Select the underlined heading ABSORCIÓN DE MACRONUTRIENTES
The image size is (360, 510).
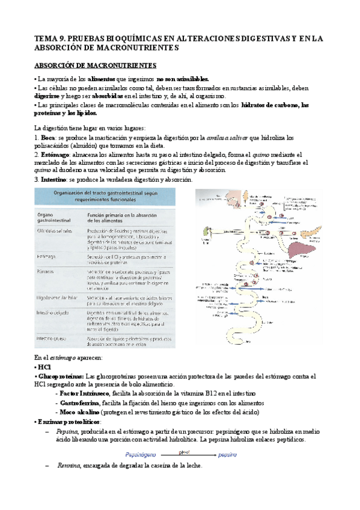coord(95,65)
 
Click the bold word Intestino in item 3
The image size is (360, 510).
coord(55,180)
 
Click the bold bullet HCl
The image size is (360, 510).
coord(44,366)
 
